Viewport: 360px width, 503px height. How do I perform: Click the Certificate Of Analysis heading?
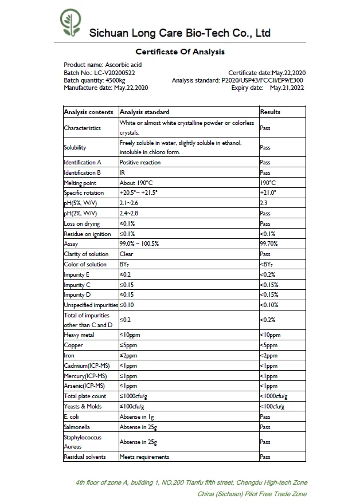pyautogui.click(x=180, y=52)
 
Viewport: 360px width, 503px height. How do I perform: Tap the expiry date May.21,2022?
pyautogui.click(x=287, y=88)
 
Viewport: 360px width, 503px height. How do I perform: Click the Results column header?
pyautogui.click(x=270, y=112)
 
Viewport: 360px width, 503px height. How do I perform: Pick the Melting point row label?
pyautogui.click(x=80, y=183)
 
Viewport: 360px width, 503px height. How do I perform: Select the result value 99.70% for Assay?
pyautogui.click(x=269, y=244)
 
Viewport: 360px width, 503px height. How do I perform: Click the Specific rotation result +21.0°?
pyautogui.click(x=268, y=193)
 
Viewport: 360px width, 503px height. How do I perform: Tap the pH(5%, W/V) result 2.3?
pyautogui.click(x=264, y=203)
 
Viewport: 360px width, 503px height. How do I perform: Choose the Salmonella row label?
pyautogui.click(x=77, y=427)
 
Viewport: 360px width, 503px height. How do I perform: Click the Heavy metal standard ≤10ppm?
pyautogui.click(x=131, y=335)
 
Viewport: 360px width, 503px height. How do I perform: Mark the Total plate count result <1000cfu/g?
pyautogui.click(x=273, y=396)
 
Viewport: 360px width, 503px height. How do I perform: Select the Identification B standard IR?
pyautogui.click(x=123, y=172)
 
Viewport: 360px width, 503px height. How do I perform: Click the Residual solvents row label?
pyautogui.click(x=85, y=457)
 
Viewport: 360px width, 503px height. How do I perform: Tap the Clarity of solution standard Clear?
pyautogui.click(x=126, y=254)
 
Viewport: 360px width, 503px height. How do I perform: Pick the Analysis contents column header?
pyautogui.click(x=88, y=112)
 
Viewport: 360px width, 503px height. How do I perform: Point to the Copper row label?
pyautogui.click(x=73, y=345)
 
